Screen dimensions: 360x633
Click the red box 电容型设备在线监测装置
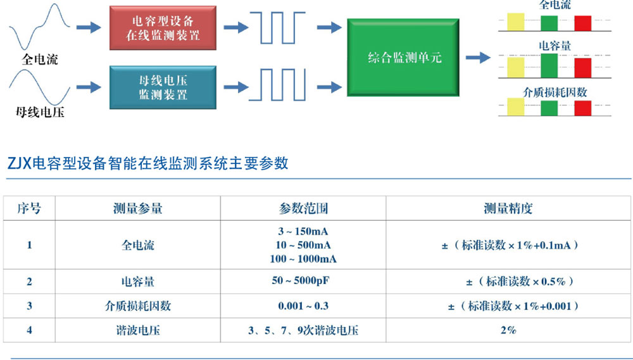click(x=163, y=28)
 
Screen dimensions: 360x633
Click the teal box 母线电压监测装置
click(x=163, y=88)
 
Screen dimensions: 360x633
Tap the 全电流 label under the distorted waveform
click(x=39, y=60)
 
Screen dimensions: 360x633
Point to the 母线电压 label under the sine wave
click(x=40, y=113)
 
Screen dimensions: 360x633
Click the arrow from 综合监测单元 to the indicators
click(x=478, y=58)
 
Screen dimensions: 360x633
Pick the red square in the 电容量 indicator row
click(x=582, y=66)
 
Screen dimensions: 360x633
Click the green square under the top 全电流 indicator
click(x=549, y=23)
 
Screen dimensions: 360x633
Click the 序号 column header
click(x=29, y=208)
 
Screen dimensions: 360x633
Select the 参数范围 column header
click(x=303, y=208)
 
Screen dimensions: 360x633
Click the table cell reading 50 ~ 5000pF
click(x=303, y=280)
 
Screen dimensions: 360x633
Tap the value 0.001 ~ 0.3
click(x=303, y=306)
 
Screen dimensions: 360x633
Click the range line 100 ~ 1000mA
click(x=303, y=259)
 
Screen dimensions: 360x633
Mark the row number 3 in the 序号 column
click(x=29, y=306)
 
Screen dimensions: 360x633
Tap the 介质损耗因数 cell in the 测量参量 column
click(x=137, y=306)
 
